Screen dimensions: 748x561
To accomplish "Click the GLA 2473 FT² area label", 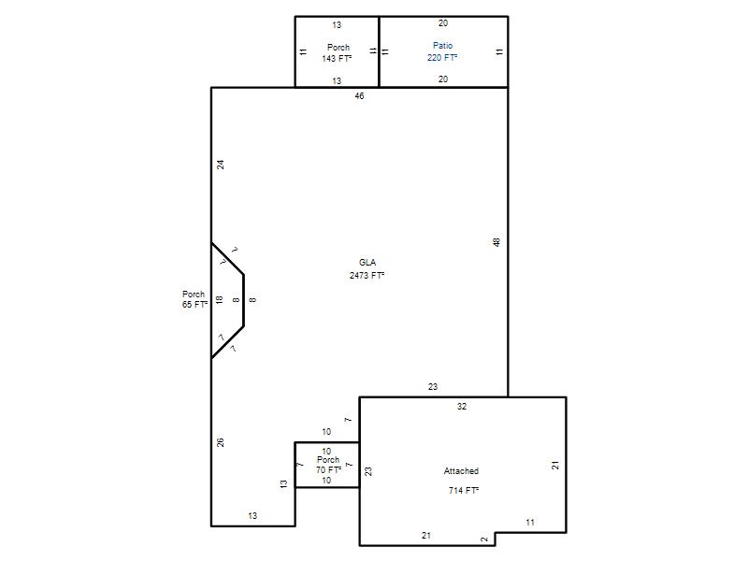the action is [x=367, y=269].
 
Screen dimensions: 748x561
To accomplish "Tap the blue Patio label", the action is [x=442, y=46].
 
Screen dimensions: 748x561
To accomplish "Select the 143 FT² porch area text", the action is [x=337, y=59].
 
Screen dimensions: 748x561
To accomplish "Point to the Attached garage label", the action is [x=461, y=471].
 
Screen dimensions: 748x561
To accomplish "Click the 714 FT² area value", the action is [x=464, y=490].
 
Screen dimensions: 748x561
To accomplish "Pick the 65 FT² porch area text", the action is [x=194, y=305].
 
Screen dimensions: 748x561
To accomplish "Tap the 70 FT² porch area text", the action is [x=328, y=470].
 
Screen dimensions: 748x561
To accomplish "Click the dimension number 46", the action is [x=359, y=96].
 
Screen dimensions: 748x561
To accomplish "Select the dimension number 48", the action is [x=496, y=242].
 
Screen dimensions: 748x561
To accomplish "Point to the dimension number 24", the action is [x=221, y=165].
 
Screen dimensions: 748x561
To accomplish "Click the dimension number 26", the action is [x=221, y=442].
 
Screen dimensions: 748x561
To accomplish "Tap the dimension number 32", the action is [x=462, y=407].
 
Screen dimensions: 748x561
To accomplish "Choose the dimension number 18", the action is [x=219, y=299].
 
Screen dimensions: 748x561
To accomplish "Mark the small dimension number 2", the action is [x=484, y=539].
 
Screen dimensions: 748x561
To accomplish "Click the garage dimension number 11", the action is [x=530, y=523].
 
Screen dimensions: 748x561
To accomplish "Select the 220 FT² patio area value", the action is [x=442, y=58].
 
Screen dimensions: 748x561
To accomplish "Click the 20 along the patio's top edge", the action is [x=443, y=22].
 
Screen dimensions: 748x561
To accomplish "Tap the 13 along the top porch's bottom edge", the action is [x=337, y=81].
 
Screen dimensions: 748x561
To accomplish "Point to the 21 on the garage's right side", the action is [x=555, y=465].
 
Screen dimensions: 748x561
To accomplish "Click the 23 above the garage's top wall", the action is [x=433, y=387].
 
